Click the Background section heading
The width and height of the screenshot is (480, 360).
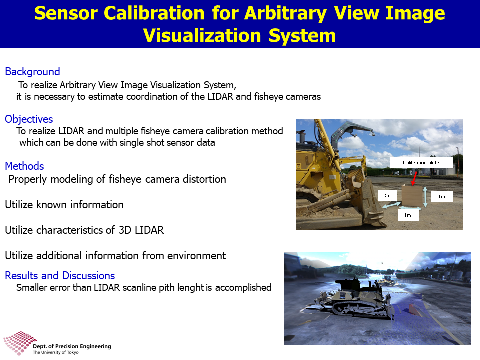[33, 72]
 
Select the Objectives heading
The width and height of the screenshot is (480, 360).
[29, 119]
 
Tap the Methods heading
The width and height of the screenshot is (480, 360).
[25, 166]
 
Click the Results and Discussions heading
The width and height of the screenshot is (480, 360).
[60, 276]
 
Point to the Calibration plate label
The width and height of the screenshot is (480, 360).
[421, 163]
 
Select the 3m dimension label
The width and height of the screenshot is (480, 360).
[387, 195]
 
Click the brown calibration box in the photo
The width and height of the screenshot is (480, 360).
[412, 195]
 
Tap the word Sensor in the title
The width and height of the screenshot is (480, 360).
[66, 13]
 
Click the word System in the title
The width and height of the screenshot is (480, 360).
[302, 36]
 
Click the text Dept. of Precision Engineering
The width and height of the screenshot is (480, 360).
[72, 346]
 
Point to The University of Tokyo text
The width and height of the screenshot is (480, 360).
[55, 352]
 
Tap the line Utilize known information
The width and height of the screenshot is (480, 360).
[64, 205]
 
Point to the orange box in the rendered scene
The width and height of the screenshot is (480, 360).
[414, 308]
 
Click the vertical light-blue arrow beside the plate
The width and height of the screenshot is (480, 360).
[425, 197]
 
